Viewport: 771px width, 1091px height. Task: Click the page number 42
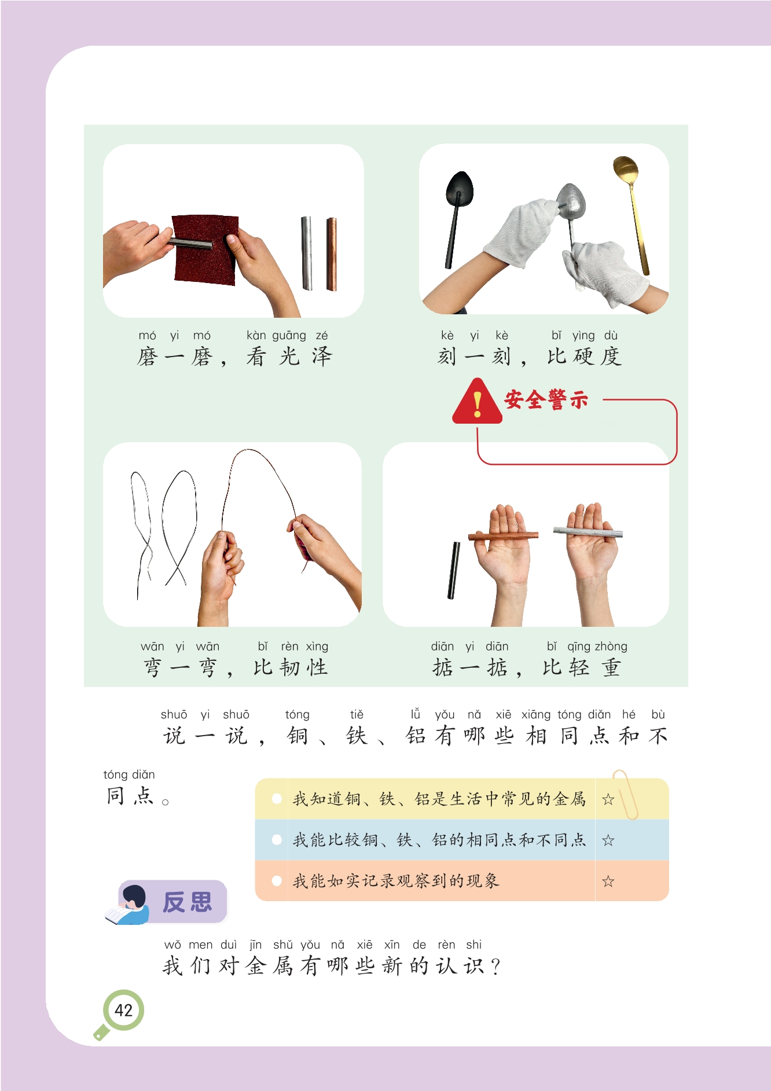(123, 1010)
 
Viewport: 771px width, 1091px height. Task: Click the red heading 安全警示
(546, 399)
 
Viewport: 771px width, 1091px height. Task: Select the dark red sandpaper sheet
(205, 250)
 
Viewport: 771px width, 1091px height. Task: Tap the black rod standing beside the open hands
(454, 570)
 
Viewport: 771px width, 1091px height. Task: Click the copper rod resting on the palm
(503, 535)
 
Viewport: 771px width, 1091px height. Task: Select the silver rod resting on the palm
(588, 531)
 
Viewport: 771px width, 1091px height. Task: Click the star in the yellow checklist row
(608, 799)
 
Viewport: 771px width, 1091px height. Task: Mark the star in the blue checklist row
(608, 840)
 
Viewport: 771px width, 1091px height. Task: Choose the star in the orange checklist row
(608, 881)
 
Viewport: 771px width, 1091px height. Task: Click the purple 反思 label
(187, 902)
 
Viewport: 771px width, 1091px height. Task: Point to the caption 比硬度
(585, 357)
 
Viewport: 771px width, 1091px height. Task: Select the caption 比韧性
(291, 667)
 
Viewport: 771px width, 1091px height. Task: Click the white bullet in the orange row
(277, 881)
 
